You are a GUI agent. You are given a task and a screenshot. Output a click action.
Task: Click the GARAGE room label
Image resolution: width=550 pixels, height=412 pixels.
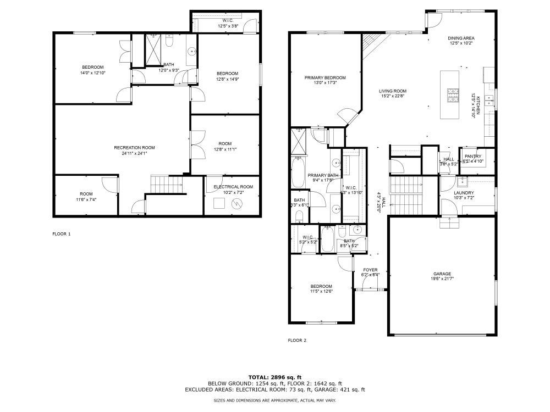pos(442,274)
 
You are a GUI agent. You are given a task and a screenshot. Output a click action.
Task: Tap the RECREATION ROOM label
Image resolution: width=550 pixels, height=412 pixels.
pos(134,147)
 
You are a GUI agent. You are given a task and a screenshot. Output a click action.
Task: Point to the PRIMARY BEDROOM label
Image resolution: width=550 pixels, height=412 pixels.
pos(326,77)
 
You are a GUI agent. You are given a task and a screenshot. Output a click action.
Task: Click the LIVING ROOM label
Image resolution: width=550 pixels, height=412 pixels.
pos(392,91)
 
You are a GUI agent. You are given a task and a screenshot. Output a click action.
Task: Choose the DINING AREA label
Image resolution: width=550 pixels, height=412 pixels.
pos(461,38)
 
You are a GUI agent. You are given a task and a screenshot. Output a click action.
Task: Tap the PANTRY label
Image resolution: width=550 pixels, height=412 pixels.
pos(473,157)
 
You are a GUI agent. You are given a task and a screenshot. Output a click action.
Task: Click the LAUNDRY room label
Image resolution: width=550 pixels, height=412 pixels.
pos(464,192)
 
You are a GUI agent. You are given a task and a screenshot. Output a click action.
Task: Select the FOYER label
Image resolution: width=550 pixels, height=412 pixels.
pos(370,270)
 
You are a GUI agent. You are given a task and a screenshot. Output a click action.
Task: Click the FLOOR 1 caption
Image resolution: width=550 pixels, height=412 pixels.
pos(61,234)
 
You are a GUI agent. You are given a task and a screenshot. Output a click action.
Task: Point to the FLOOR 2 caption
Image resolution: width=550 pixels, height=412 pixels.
pos(297,340)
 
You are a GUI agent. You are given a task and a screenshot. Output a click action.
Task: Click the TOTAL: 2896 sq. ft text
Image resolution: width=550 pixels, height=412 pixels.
pos(275,377)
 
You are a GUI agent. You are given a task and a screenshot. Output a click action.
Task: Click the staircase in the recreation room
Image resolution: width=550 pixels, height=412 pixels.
pos(166,185)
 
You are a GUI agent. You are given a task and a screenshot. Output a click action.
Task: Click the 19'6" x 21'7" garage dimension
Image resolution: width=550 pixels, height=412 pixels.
pos(442,279)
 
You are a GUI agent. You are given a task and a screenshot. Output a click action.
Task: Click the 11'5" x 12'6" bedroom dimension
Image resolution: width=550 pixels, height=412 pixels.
pos(321,291)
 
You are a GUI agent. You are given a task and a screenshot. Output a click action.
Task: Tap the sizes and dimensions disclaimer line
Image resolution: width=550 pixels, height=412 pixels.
pos(275,400)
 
